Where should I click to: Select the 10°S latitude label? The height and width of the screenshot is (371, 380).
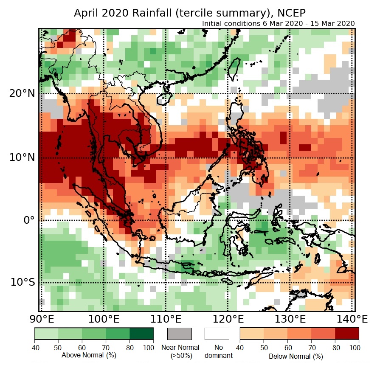click(x=22, y=282)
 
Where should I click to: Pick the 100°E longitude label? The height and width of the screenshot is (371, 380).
click(x=103, y=319)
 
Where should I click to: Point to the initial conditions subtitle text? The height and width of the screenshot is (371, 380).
click(x=278, y=23)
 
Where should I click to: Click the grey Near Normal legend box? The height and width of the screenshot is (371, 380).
click(x=180, y=334)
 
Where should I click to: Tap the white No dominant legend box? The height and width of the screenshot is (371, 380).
click(x=217, y=334)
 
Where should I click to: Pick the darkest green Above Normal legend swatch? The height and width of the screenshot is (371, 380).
click(x=142, y=334)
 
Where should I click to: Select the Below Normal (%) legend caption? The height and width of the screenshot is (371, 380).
click(x=296, y=356)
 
